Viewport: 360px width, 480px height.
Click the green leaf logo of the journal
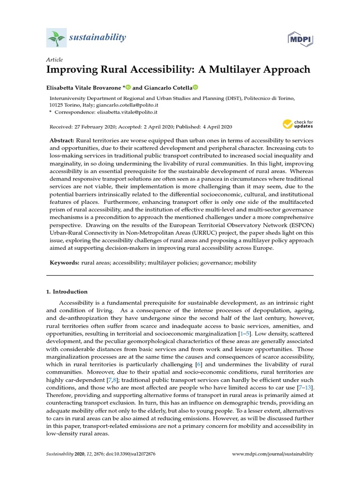[56, 37]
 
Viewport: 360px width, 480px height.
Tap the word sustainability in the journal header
[98, 37]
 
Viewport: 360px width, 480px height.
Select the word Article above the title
[54, 60]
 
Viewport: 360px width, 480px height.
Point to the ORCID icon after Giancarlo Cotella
[195, 87]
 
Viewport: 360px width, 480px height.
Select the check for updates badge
[298, 124]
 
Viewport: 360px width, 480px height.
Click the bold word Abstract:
[62, 141]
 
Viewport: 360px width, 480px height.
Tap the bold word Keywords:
[65, 263]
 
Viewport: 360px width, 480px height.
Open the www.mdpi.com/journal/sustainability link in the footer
[273, 454]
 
